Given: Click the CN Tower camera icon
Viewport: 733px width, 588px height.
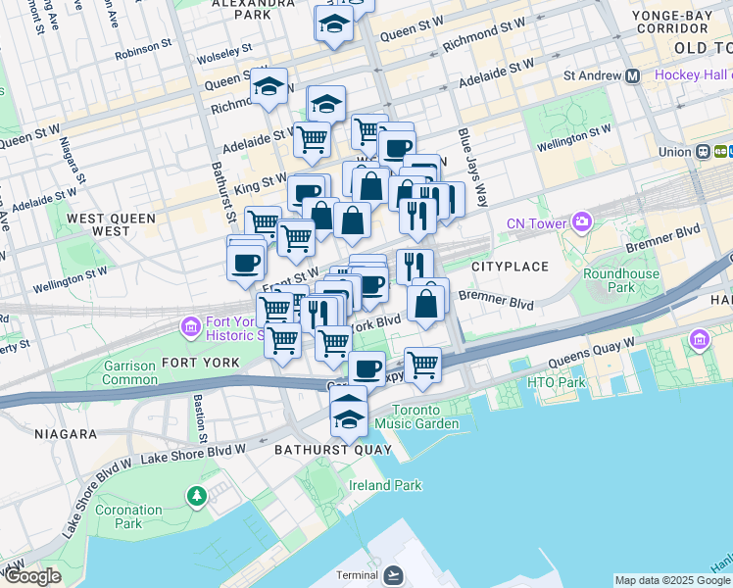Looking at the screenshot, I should tap(583, 223).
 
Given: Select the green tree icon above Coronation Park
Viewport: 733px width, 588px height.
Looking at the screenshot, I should tap(197, 495).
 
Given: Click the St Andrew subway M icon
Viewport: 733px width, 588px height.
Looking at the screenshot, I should tap(633, 75).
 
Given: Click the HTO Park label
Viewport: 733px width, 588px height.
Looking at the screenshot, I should tap(556, 382).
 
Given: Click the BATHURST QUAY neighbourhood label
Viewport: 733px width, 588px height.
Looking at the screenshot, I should tap(332, 450).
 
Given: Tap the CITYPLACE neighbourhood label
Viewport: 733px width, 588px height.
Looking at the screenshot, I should tap(507, 267).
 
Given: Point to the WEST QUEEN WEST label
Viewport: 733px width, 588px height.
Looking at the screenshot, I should tap(97, 223).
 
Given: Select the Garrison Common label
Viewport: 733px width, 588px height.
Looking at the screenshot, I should tap(129, 372).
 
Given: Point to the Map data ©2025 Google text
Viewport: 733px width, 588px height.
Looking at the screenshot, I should tap(670, 580).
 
